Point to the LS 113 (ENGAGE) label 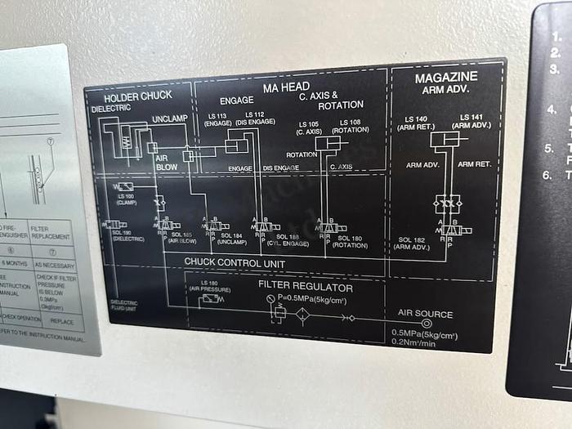click(x=218, y=119)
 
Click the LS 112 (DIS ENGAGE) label click(x=253, y=118)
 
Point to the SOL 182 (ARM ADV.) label click(x=413, y=244)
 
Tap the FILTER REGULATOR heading click(x=306, y=288)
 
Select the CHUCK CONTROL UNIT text click(x=234, y=262)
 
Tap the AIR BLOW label click(x=167, y=163)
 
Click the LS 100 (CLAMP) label click(x=126, y=199)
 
